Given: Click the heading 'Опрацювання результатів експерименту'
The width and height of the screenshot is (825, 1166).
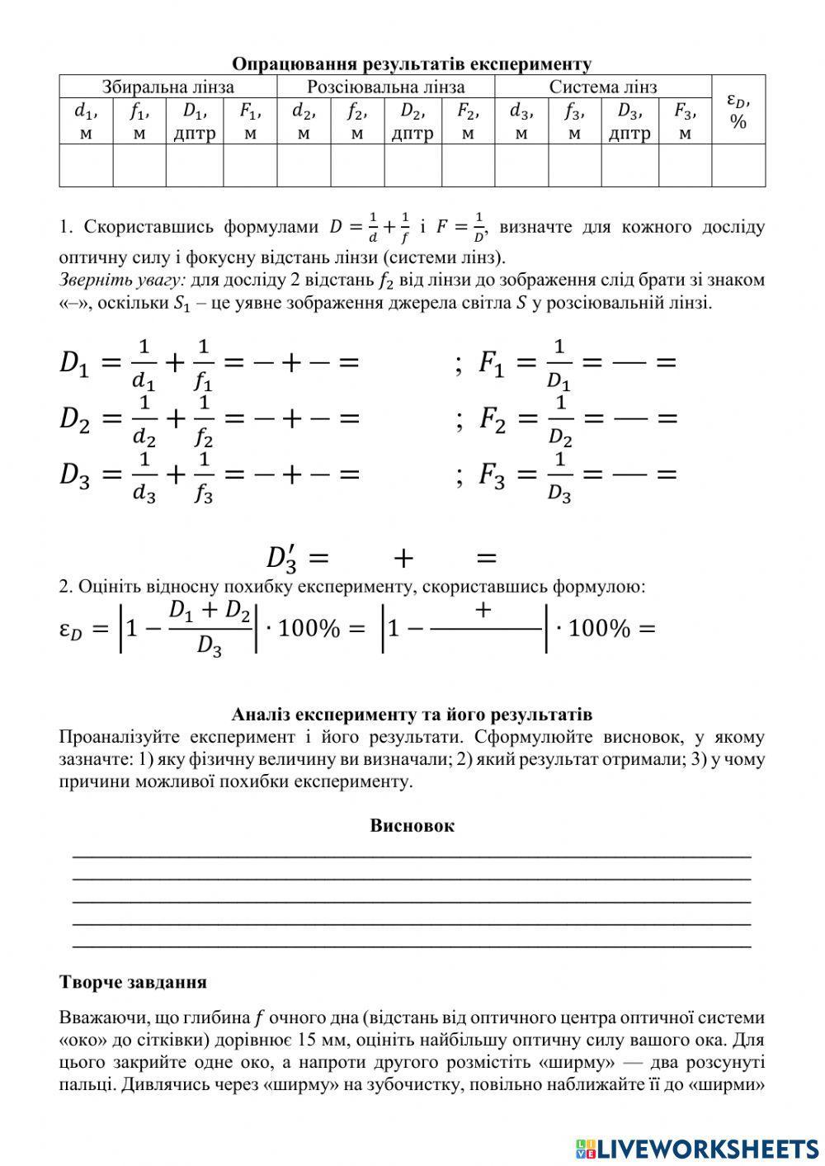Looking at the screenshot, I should click(x=412, y=64).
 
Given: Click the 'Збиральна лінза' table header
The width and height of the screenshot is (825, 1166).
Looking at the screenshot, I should click(x=167, y=87).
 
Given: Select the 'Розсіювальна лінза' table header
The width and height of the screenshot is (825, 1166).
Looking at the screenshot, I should click(x=385, y=87).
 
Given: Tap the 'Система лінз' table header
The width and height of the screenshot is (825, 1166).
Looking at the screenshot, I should click(x=603, y=87).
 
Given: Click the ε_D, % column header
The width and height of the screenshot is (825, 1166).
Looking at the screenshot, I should click(x=738, y=111).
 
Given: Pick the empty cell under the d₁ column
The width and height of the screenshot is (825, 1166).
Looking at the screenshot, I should click(x=86, y=165).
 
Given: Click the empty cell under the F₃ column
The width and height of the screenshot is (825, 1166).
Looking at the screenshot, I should click(x=684, y=165).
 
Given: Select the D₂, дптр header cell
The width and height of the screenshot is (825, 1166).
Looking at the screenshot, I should click(x=412, y=121).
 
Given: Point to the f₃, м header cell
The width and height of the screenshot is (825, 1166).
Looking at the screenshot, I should click(x=574, y=121).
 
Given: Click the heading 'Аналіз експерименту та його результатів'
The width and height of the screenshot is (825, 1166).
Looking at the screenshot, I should click(x=412, y=714).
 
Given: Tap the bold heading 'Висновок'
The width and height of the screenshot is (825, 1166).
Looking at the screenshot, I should click(x=412, y=825).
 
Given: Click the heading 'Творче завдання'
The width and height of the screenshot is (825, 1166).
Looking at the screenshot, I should click(x=133, y=982).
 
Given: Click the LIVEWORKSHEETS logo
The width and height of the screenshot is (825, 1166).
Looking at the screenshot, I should click(x=697, y=1148).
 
